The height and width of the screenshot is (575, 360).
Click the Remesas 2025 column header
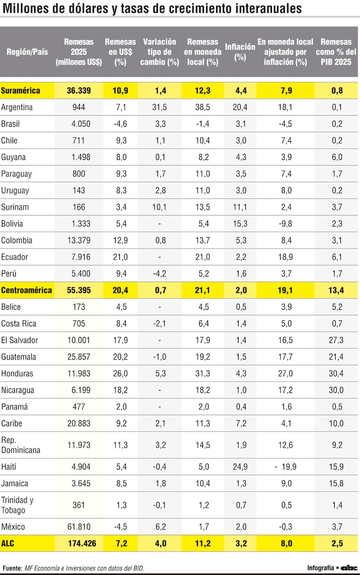(x=79, y=51)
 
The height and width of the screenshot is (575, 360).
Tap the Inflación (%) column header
(x=240, y=51)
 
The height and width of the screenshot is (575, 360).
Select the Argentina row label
(x=17, y=107)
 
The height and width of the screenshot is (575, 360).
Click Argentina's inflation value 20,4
(x=240, y=107)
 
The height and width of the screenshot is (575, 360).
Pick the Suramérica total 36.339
(x=79, y=90)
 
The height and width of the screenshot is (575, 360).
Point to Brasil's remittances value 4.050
(x=79, y=124)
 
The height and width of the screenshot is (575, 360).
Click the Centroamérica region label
(x=27, y=290)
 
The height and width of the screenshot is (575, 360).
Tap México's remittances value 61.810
(x=79, y=527)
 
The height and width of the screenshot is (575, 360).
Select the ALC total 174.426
(x=79, y=544)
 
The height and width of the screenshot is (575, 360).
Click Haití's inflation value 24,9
(x=240, y=466)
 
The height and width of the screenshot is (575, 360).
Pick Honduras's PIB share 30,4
(x=337, y=373)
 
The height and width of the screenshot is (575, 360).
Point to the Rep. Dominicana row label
(x=21, y=445)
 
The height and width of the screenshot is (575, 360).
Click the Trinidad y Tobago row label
(x=17, y=505)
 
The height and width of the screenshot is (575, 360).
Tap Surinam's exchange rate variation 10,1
(x=160, y=207)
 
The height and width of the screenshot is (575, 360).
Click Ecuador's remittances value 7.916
(x=79, y=257)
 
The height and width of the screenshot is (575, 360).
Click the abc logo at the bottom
(x=349, y=568)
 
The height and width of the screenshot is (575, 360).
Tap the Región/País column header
(x=27, y=51)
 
